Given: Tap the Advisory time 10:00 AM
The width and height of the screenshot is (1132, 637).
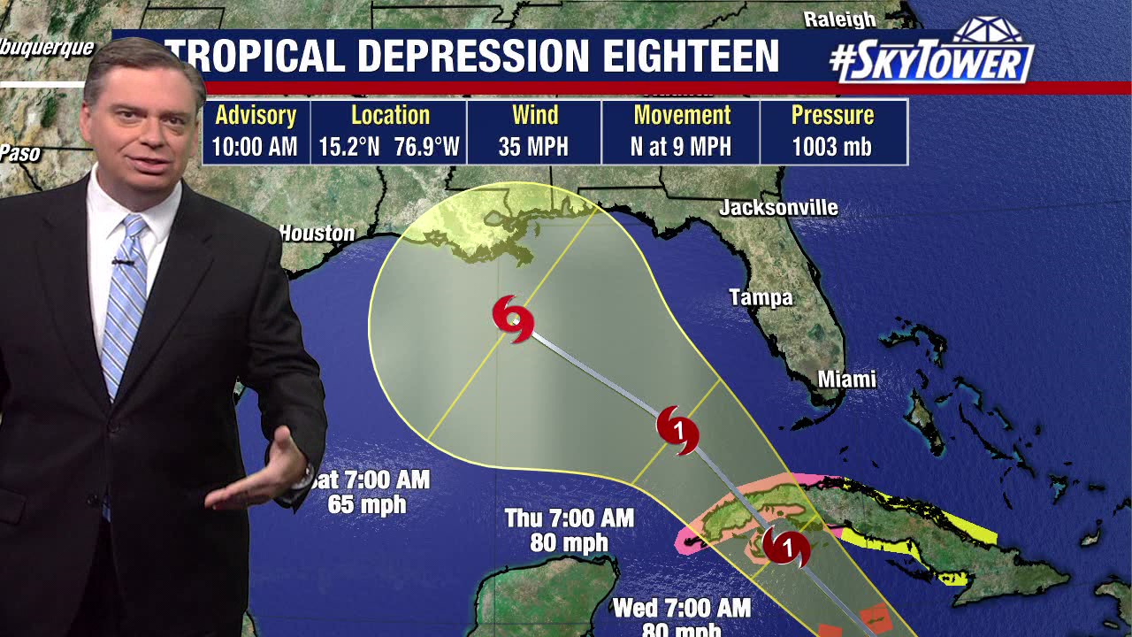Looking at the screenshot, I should [x=255, y=147].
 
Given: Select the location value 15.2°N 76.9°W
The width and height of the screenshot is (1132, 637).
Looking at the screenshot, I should [x=389, y=147].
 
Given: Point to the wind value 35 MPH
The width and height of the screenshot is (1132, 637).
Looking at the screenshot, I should [x=533, y=147].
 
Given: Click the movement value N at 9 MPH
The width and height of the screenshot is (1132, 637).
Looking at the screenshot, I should [x=681, y=147].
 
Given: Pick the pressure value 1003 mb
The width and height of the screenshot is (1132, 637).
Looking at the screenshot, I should [x=831, y=147].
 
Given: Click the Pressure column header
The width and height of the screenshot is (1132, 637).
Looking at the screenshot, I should [x=831, y=116].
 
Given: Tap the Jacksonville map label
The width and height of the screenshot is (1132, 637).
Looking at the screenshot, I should [x=778, y=208].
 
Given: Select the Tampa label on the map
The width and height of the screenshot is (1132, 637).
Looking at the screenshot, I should [x=761, y=298].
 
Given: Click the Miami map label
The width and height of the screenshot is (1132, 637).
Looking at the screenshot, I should [x=846, y=380].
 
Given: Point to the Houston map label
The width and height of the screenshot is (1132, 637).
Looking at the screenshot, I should [x=317, y=234].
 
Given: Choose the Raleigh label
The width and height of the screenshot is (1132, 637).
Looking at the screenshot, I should [x=839, y=19].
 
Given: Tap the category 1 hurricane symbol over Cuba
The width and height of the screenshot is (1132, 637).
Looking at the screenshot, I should [x=786, y=548].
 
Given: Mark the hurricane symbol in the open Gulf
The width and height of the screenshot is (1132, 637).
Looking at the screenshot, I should [x=677, y=431].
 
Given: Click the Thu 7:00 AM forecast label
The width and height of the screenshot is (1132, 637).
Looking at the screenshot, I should [x=569, y=518].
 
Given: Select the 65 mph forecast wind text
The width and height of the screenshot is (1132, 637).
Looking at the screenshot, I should [x=366, y=505].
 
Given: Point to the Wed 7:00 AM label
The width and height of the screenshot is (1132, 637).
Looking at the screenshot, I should [x=681, y=608].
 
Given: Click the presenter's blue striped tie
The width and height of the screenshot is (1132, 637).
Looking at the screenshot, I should [x=124, y=301].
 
